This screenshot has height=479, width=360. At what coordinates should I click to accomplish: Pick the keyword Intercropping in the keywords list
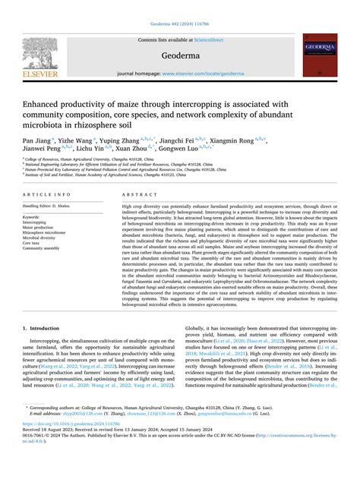tap(33, 223)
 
